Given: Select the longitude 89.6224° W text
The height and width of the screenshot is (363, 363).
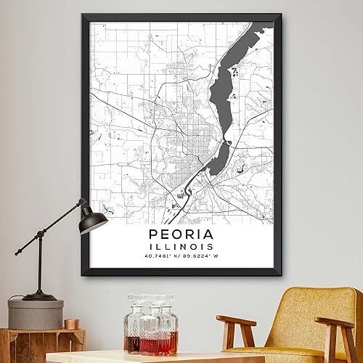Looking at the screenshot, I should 200,256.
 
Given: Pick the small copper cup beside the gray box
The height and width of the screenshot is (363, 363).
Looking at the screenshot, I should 71,324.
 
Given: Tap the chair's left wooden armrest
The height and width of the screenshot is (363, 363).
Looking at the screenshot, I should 235,320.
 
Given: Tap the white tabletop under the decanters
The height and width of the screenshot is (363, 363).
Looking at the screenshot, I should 145,357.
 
